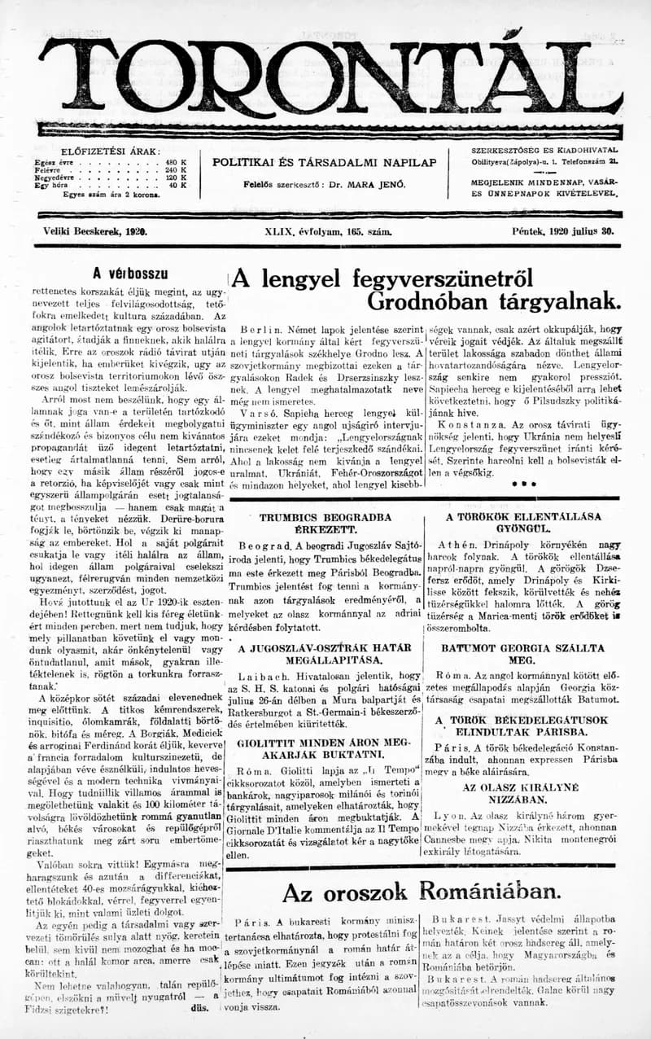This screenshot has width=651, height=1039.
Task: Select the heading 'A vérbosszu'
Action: point(129,274)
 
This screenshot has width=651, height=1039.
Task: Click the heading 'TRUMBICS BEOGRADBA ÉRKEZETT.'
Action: point(325,524)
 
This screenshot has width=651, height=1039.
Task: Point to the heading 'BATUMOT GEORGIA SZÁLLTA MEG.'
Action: point(522,655)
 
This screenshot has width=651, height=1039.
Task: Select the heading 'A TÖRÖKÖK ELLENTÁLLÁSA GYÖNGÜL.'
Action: point(523,522)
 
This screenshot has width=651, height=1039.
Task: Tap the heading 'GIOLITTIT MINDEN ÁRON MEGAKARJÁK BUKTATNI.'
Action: point(325,749)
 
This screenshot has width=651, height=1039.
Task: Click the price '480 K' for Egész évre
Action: point(177,161)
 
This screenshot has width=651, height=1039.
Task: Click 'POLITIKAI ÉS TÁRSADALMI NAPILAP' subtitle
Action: point(325,162)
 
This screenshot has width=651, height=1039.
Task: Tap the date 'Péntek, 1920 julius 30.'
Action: point(563,231)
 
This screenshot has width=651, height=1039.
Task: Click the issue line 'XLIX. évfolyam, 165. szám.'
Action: point(328,231)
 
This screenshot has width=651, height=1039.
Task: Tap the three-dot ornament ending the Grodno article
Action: point(522,484)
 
